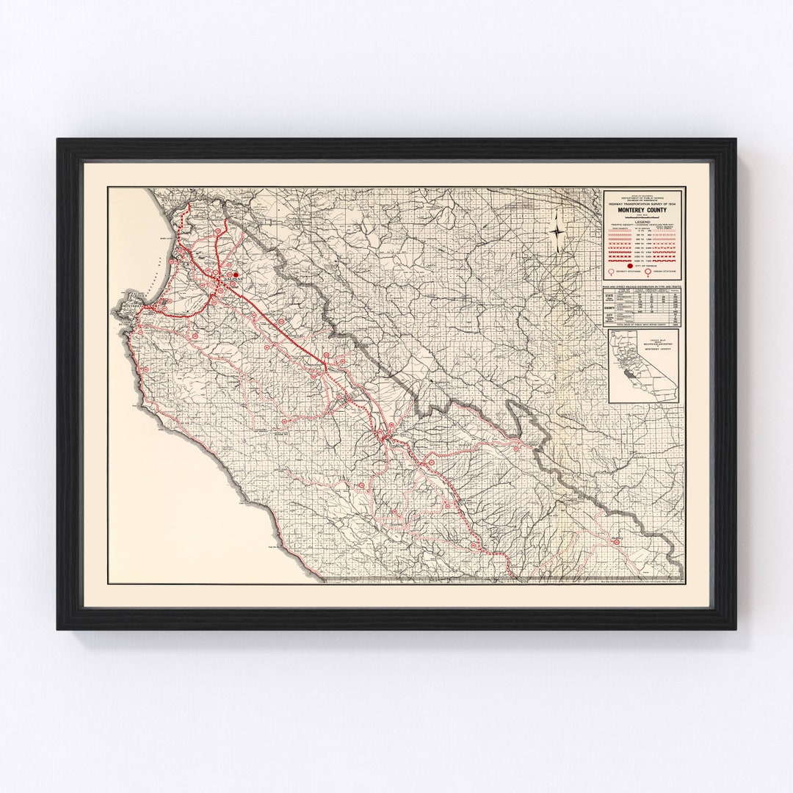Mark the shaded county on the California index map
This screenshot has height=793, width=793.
coord(629,372)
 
